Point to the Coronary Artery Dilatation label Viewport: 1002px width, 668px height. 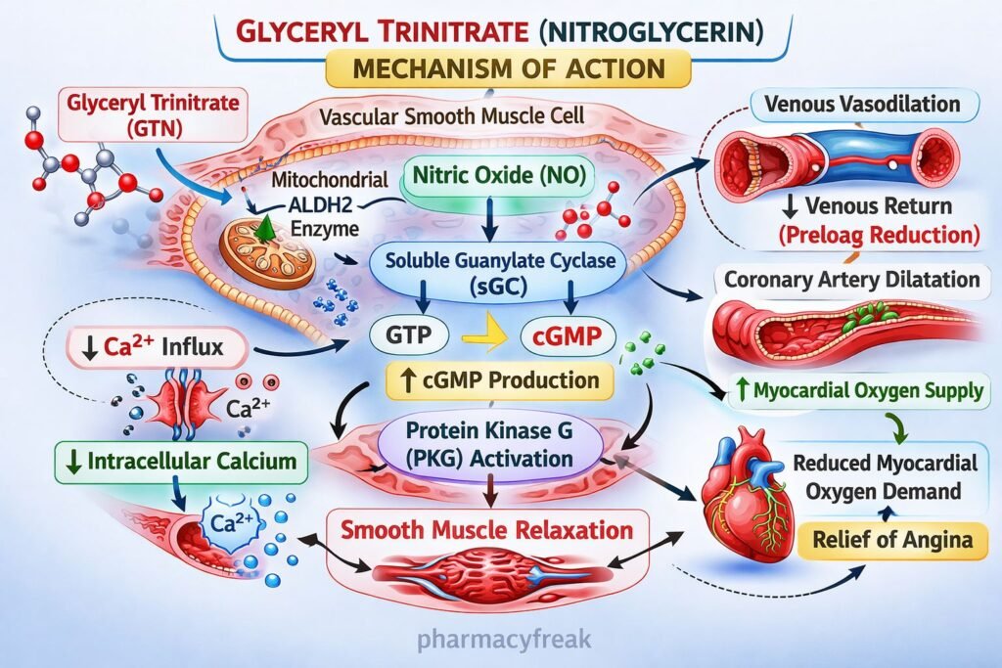click(x=851, y=280)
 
